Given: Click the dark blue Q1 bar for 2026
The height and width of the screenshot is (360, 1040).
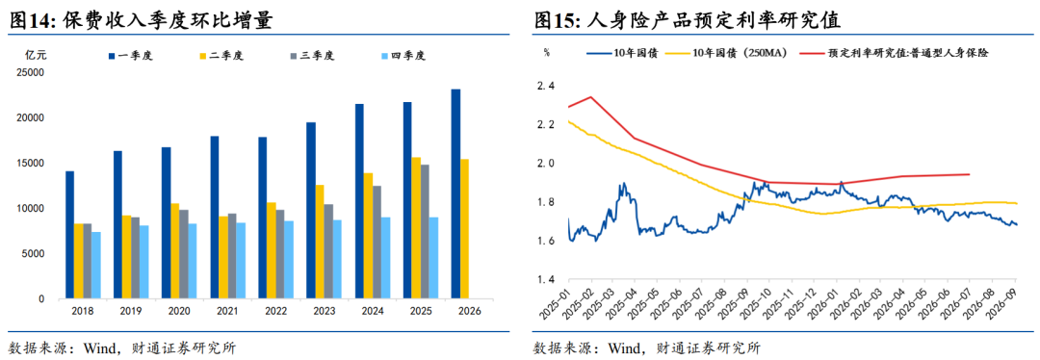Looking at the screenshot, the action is point(455,193).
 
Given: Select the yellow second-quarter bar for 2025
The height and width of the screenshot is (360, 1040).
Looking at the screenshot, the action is point(416,228).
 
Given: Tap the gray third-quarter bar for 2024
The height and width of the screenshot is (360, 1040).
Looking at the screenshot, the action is point(377,242).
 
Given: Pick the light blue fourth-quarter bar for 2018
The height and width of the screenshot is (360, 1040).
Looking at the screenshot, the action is point(96,266).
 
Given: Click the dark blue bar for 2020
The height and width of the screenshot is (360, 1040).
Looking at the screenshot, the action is point(166,222).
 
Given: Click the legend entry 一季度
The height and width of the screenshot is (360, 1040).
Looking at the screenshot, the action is point(131,56).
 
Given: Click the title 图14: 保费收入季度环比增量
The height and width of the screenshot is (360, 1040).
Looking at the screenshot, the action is point(142,20).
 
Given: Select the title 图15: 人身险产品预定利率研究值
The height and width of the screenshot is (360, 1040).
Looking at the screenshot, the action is point(688,20).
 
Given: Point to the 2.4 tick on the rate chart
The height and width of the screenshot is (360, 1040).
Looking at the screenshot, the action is point(546,86).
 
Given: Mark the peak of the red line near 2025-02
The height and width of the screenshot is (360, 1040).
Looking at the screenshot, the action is point(590,97).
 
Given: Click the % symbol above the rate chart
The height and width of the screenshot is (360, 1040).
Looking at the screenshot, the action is point(547,52).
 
